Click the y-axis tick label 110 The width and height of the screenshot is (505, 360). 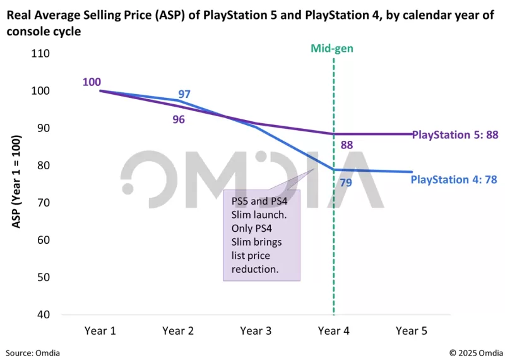[x=40, y=53]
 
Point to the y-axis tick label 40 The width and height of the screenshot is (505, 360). [x=42, y=315]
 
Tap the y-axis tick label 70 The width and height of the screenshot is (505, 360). [x=42, y=203]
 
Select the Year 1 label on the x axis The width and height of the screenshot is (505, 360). [x=100, y=330]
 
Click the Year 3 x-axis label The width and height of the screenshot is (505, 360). [x=256, y=330]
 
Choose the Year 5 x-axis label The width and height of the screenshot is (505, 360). [x=411, y=330]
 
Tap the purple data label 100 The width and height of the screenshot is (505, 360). [x=91, y=82]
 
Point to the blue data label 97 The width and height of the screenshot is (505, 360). [x=184, y=95]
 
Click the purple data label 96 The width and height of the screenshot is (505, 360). [x=179, y=119]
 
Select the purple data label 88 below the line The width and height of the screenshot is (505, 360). [x=346, y=145]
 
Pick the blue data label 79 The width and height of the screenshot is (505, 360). [x=346, y=183]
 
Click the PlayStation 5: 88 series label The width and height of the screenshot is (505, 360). [x=455, y=135]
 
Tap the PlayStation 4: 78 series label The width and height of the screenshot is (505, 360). [x=454, y=179]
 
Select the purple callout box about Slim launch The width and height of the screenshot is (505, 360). [x=261, y=234]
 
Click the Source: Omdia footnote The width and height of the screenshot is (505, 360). [x=33, y=352]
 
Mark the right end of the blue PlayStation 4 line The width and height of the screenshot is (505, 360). [x=412, y=172]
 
